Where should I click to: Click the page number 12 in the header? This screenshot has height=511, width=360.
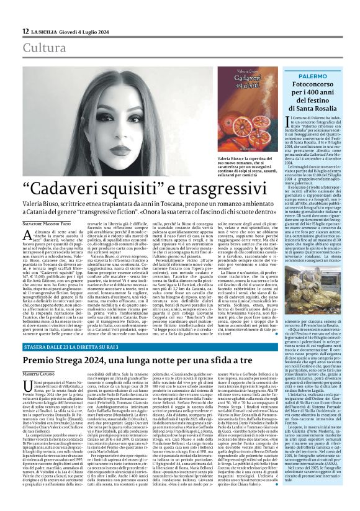tap(24, 31)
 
